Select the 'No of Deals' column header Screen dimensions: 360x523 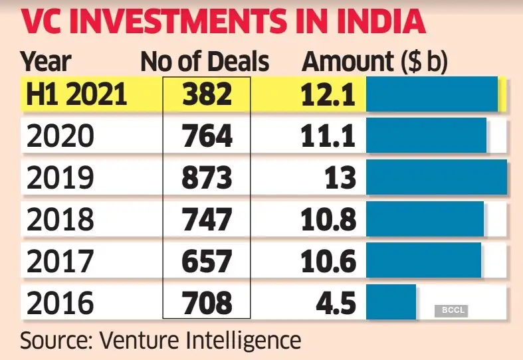[x=205, y=62]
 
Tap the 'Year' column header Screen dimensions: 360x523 [x=46, y=62]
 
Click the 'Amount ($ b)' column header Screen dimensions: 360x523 [x=375, y=62]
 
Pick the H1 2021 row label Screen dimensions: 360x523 [x=74, y=94]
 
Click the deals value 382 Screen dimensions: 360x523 [x=207, y=94]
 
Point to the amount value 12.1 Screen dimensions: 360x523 [x=328, y=94]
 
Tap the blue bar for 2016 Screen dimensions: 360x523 [x=391, y=302]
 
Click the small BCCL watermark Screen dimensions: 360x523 [x=451, y=310]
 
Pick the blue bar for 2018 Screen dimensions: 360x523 [x=425, y=219]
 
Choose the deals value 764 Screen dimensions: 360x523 [x=207, y=136]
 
